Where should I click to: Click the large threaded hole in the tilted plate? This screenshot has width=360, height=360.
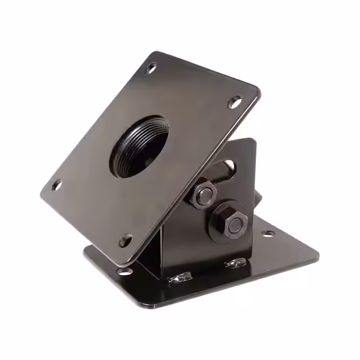(x=138, y=147)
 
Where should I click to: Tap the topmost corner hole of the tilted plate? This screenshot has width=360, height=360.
(x=151, y=69)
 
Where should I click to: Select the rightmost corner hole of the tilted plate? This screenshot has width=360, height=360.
(x=235, y=102)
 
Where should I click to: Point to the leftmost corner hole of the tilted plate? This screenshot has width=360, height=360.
(x=56, y=184)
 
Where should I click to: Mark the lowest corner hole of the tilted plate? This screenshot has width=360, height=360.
(x=127, y=240)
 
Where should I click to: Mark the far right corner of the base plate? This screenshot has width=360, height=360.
(x=318, y=248)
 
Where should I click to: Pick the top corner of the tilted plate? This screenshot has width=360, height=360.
(x=154, y=53)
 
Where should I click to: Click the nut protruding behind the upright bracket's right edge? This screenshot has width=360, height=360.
(x=259, y=198)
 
